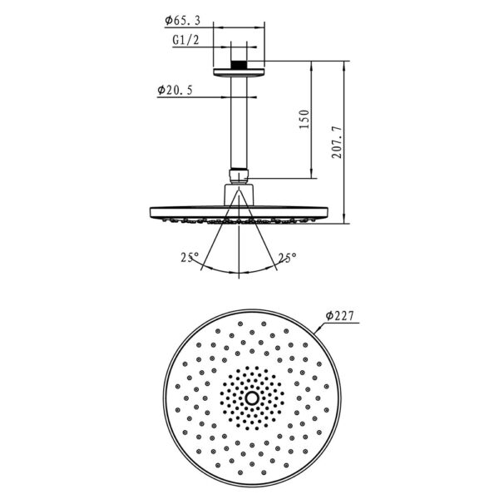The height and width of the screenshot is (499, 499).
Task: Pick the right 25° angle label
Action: (288, 257)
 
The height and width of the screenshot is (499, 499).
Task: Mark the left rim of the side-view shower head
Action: (152, 212)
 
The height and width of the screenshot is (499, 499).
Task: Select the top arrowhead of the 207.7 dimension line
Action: (344, 63)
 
